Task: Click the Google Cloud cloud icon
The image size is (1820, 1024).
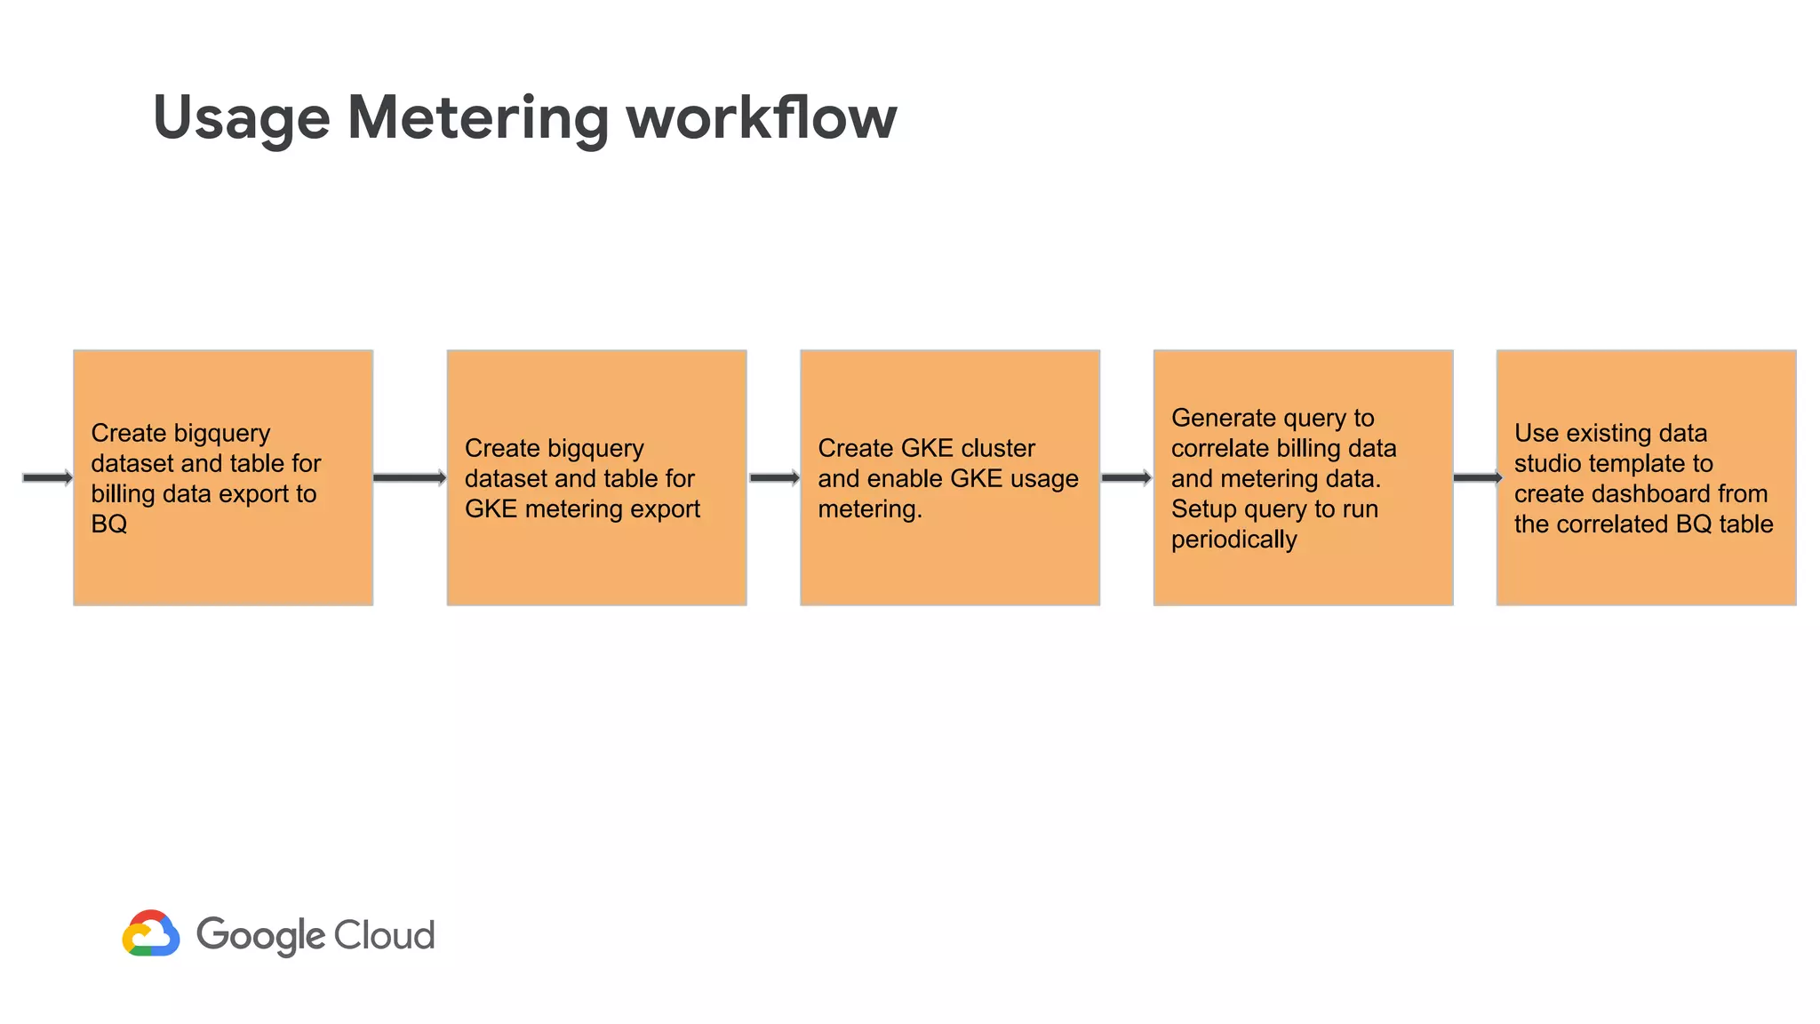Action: [x=151, y=933]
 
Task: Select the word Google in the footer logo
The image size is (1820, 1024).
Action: [x=260, y=936]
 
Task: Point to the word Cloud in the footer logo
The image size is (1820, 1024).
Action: [x=384, y=935]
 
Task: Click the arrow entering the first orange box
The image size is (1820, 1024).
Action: [x=47, y=478]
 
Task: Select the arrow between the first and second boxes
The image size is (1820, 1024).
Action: [x=410, y=478]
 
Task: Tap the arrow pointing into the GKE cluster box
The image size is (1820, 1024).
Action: [x=774, y=478]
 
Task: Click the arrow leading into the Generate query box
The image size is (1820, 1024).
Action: [x=1126, y=478]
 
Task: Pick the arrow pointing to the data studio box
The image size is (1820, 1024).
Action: [x=1476, y=478]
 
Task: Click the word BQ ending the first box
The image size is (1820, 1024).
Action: [x=109, y=524]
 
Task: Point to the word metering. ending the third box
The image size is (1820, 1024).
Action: [x=869, y=508]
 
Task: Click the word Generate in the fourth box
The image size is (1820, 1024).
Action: [x=1223, y=418]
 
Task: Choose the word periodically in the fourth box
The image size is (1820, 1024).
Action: [x=1233, y=539]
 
